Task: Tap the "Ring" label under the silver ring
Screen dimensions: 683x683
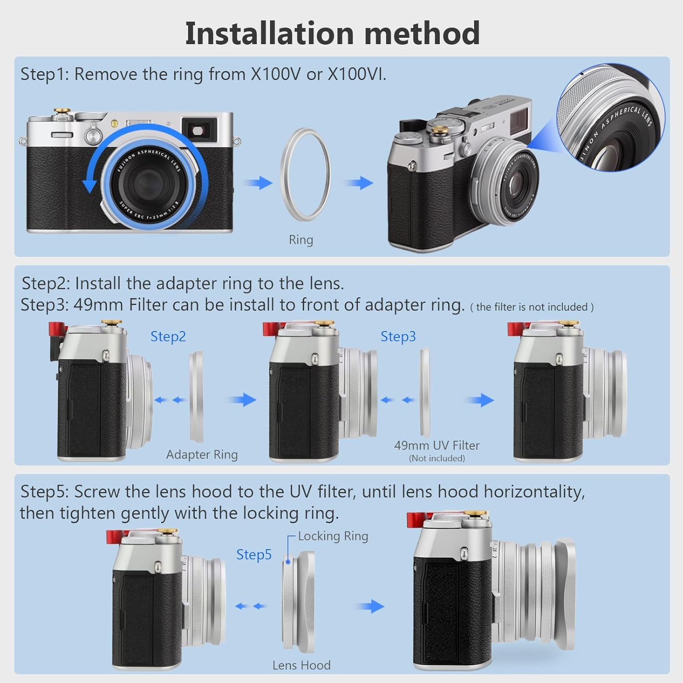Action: coord(301,240)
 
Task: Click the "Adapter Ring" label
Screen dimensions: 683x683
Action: coord(202,455)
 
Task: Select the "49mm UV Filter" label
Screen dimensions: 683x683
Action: coord(437,445)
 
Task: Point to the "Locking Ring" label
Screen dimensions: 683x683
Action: coord(333,536)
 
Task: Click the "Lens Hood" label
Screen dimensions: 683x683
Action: coord(301,665)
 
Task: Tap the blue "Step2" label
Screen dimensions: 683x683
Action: coord(168,336)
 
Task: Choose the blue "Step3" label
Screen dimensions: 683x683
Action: coord(398,336)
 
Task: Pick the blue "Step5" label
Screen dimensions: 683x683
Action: coord(254,555)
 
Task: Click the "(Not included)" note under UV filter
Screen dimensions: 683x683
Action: coord(437,459)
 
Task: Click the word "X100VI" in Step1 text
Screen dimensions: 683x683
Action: coord(357,74)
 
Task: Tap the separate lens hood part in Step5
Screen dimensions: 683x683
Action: coord(298,601)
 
